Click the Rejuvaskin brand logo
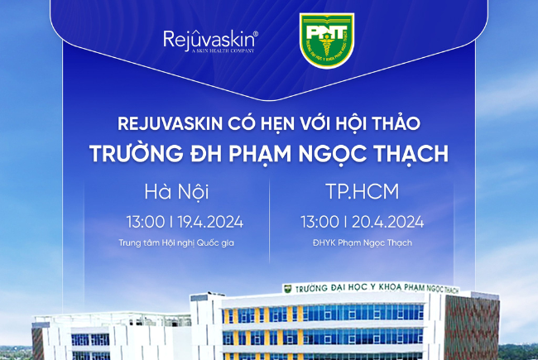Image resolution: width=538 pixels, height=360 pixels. point(211,39)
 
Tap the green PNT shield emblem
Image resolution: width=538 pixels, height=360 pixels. point(326,39)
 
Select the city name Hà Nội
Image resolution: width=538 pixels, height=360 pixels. point(176,193)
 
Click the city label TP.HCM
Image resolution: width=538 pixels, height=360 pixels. point(363,193)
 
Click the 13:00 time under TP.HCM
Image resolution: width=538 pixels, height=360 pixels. point(319,221)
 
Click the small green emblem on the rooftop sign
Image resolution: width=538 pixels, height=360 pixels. point(287,289)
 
